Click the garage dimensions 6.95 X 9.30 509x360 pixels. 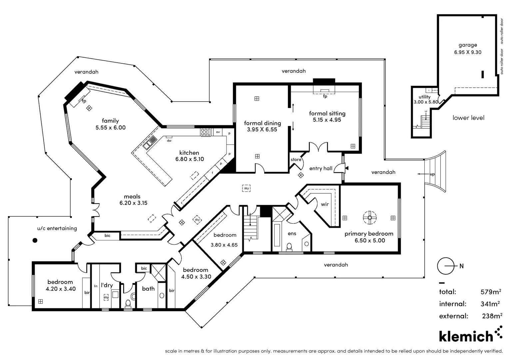[x=468, y=52]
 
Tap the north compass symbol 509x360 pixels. [x=446, y=266]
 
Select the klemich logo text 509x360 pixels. [x=466, y=336]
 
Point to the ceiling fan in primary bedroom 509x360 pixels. [x=370, y=218]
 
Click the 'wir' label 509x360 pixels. [x=325, y=204]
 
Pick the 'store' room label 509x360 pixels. [x=296, y=160]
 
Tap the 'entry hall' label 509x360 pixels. [x=321, y=168]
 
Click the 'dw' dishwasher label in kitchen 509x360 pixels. [x=169, y=141]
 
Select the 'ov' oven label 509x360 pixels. [x=218, y=132]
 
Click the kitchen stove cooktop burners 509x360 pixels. [x=206, y=132]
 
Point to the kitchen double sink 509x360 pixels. [x=150, y=142]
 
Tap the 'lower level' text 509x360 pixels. [x=468, y=118]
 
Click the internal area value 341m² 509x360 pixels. [x=490, y=304]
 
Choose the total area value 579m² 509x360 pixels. [x=491, y=292]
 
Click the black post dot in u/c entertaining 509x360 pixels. [x=35, y=240]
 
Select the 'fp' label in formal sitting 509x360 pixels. [x=325, y=96]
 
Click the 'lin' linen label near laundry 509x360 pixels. [x=96, y=286]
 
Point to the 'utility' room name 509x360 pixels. [x=424, y=97]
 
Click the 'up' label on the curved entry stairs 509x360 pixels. [x=432, y=174]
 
